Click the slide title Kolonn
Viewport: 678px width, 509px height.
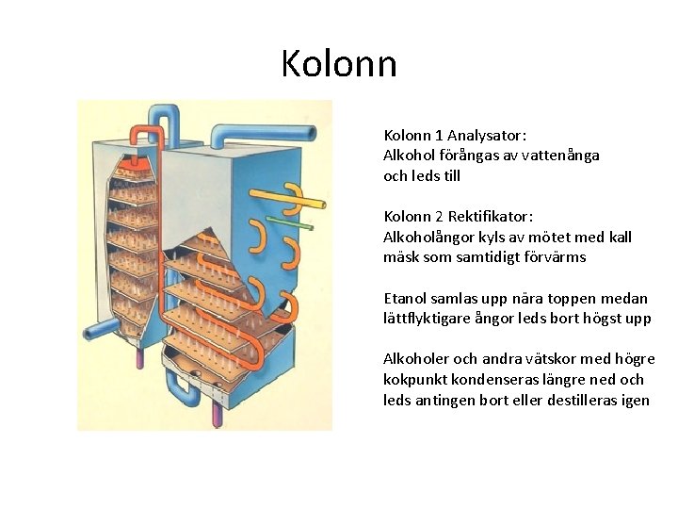(339, 64)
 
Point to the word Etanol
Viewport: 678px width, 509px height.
(406, 298)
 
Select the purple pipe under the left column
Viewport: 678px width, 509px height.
(140, 357)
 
